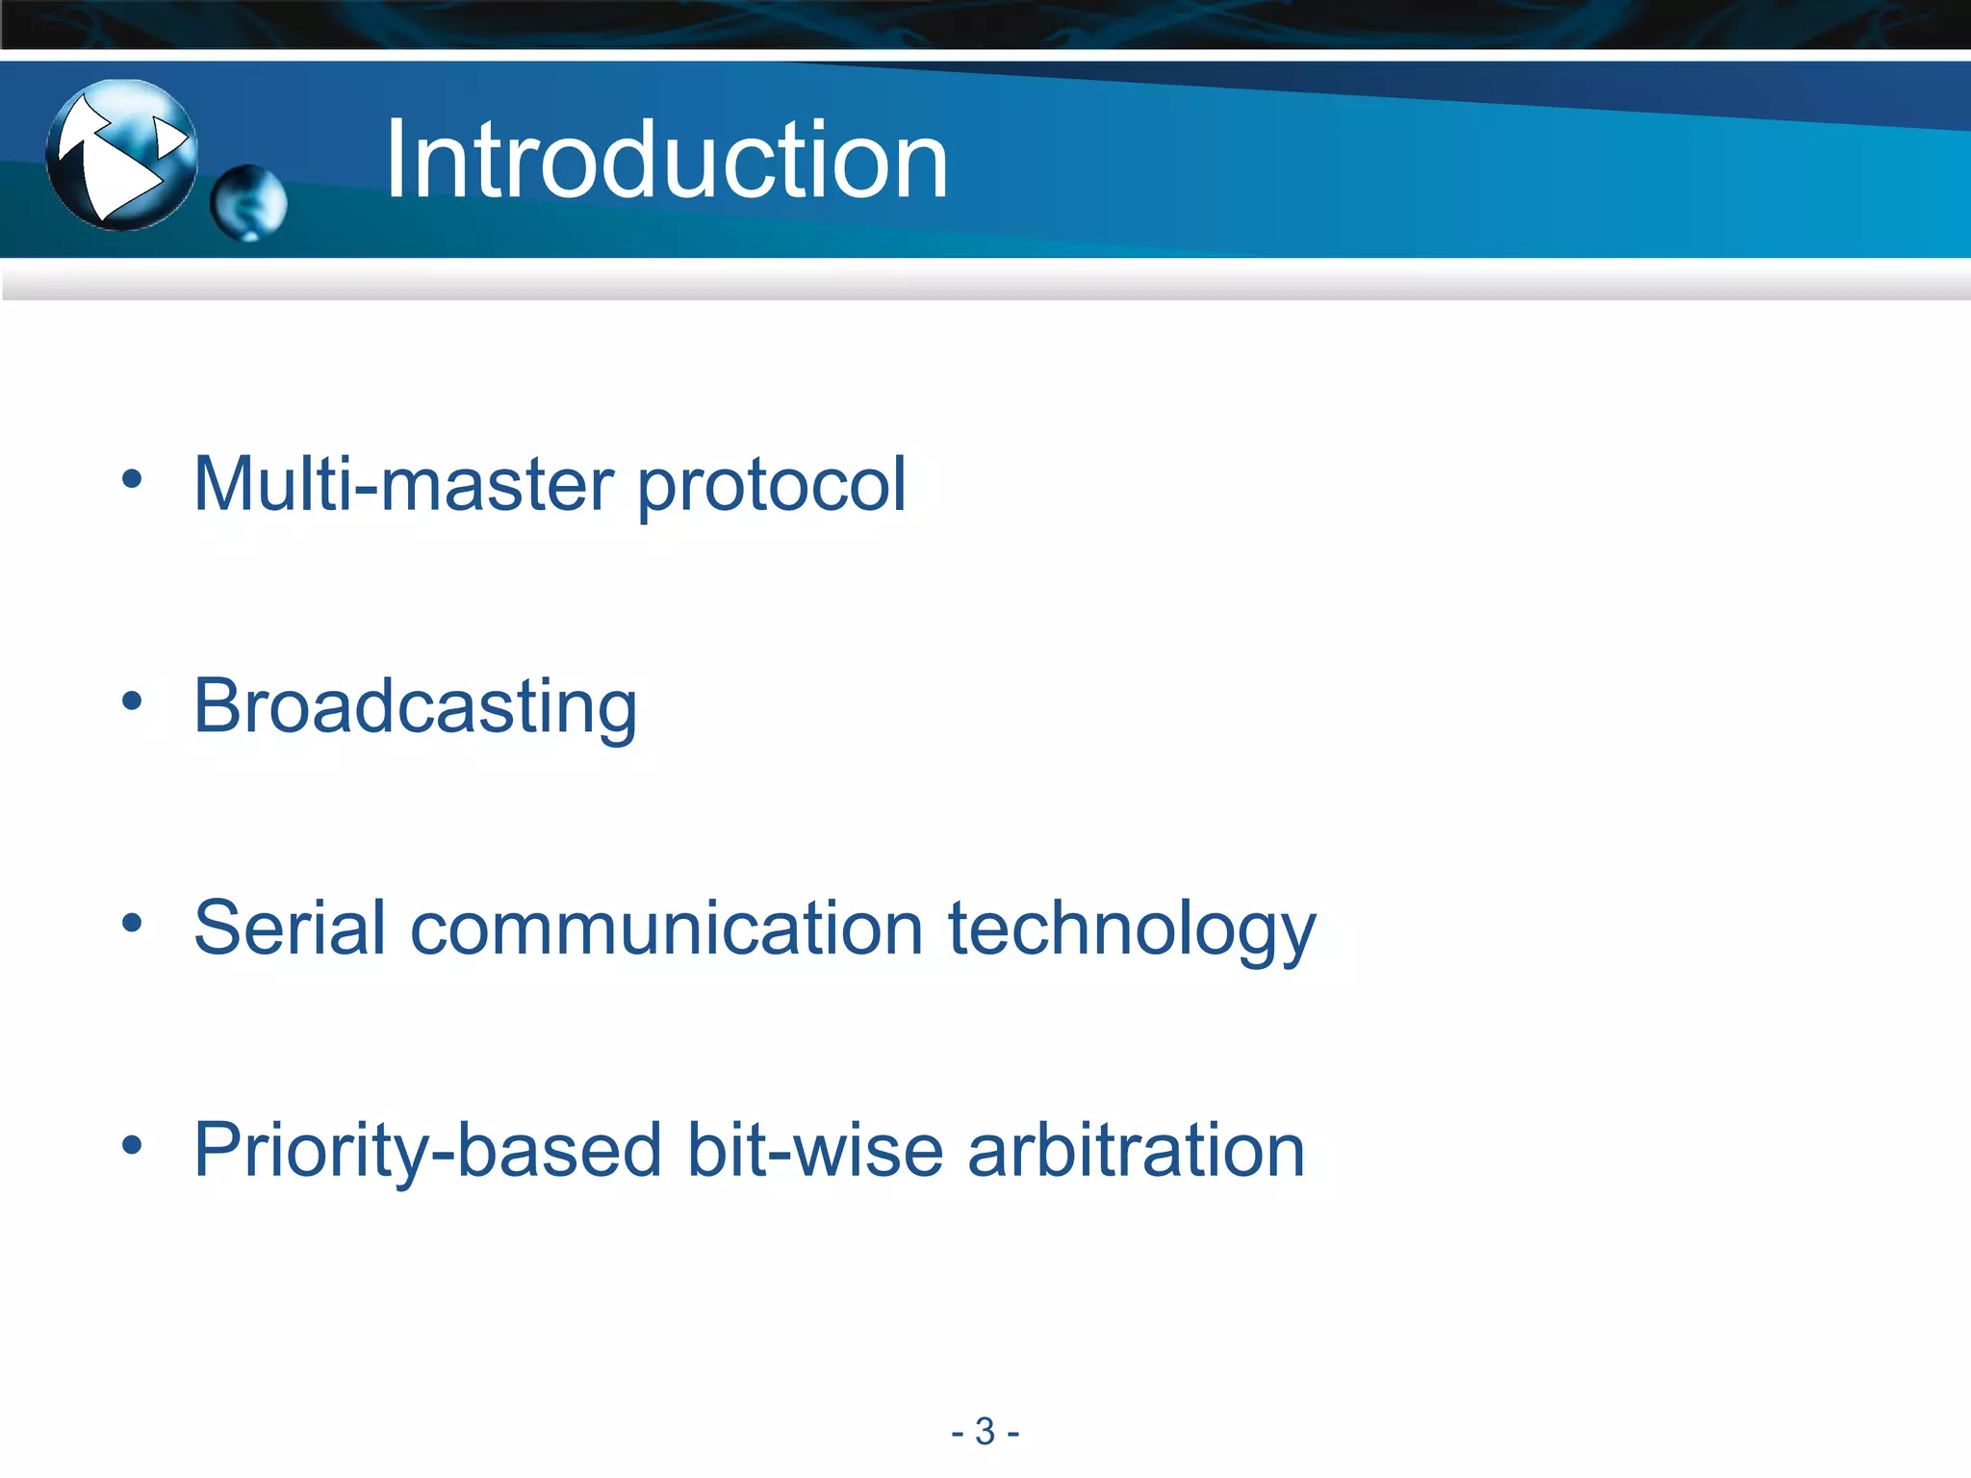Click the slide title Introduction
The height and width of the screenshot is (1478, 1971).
pyautogui.click(x=666, y=160)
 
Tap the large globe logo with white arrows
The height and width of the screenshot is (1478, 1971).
pyautogui.click(x=122, y=155)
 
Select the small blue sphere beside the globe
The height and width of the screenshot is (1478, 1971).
pyautogui.click(x=248, y=203)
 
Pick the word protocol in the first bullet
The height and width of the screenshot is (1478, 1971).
pyautogui.click(x=772, y=486)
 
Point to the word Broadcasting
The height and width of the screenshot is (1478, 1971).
pyautogui.click(x=415, y=707)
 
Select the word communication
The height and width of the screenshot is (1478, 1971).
pyautogui.click(x=667, y=929)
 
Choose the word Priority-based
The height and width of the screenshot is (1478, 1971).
pyautogui.click(x=427, y=1152)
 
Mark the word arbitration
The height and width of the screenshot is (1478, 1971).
pyautogui.click(x=1136, y=1150)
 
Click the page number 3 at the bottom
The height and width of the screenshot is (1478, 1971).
pyautogui.click(x=985, y=1432)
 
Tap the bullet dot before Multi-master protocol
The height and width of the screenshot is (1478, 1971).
pyautogui.click(x=132, y=479)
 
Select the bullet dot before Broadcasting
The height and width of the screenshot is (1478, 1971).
pyautogui.click(x=132, y=701)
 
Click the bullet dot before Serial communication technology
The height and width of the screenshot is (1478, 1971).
pyautogui.click(x=132, y=924)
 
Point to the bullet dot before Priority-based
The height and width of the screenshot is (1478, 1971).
pyautogui.click(x=132, y=1145)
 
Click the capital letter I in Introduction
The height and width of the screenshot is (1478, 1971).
pyautogui.click(x=395, y=160)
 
